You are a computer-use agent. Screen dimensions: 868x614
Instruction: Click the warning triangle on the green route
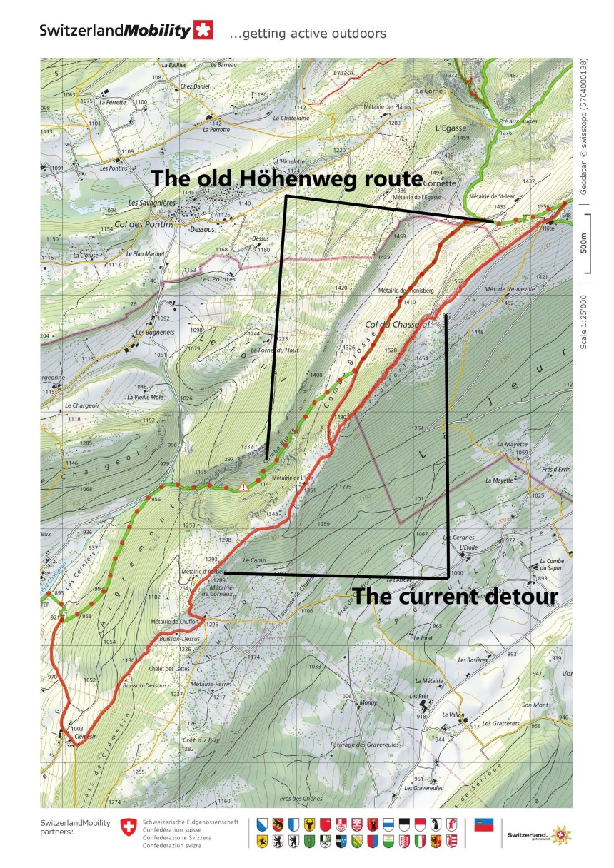point(244,487)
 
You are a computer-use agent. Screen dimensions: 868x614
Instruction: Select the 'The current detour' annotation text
point(455,597)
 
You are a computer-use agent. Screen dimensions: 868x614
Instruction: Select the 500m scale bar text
point(583,243)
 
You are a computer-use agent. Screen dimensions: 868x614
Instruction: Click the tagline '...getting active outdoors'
point(308,34)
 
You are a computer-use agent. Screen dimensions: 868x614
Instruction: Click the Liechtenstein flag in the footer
point(485,825)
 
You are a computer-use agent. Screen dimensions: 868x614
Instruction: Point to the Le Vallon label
point(453,715)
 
